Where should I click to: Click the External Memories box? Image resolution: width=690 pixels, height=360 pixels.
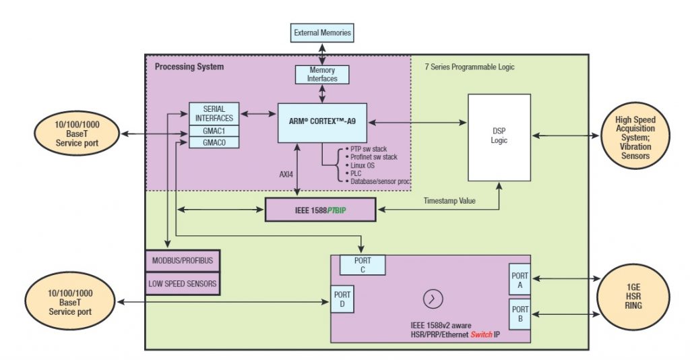click(x=322, y=32)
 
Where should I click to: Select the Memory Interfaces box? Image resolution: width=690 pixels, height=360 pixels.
click(x=322, y=74)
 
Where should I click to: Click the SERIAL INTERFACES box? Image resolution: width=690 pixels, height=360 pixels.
click(x=214, y=113)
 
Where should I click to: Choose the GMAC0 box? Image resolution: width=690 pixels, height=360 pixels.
click(x=214, y=142)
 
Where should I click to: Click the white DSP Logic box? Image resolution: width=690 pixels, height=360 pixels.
click(x=500, y=137)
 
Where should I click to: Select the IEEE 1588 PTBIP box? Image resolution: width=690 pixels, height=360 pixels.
click(x=320, y=210)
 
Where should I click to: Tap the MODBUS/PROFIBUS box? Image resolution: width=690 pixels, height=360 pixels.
click(x=183, y=260)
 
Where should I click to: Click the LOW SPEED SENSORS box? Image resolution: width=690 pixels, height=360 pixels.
click(x=183, y=284)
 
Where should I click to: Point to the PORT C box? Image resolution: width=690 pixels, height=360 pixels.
click(x=363, y=265)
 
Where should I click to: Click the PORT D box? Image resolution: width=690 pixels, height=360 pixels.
click(x=342, y=299)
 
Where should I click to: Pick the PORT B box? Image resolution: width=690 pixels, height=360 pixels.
click(x=520, y=313)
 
